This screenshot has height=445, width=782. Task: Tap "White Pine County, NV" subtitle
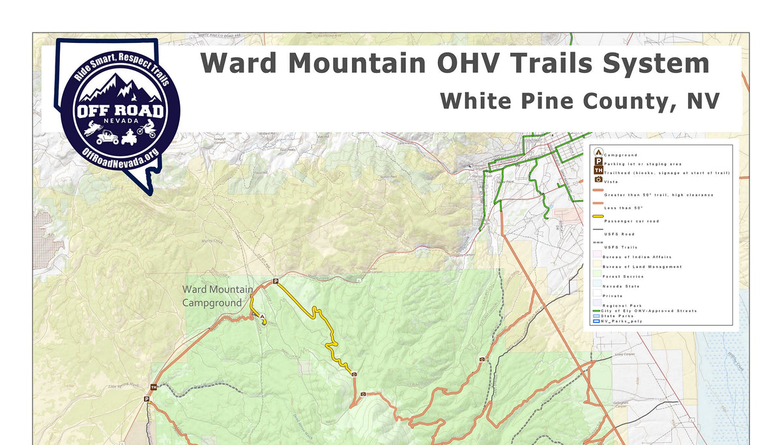point(579,101)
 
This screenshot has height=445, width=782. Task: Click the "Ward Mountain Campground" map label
point(217,296)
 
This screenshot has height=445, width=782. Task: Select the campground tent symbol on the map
point(263,317)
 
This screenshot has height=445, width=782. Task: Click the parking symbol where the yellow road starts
point(275,281)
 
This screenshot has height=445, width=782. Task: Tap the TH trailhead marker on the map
point(153,387)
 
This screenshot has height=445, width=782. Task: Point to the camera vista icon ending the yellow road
point(354,375)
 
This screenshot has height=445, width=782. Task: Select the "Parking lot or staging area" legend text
point(643,164)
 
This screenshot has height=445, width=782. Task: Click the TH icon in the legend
point(598,171)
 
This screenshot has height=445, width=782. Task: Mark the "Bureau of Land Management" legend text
point(643,266)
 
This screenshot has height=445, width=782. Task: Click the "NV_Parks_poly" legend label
point(622,321)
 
